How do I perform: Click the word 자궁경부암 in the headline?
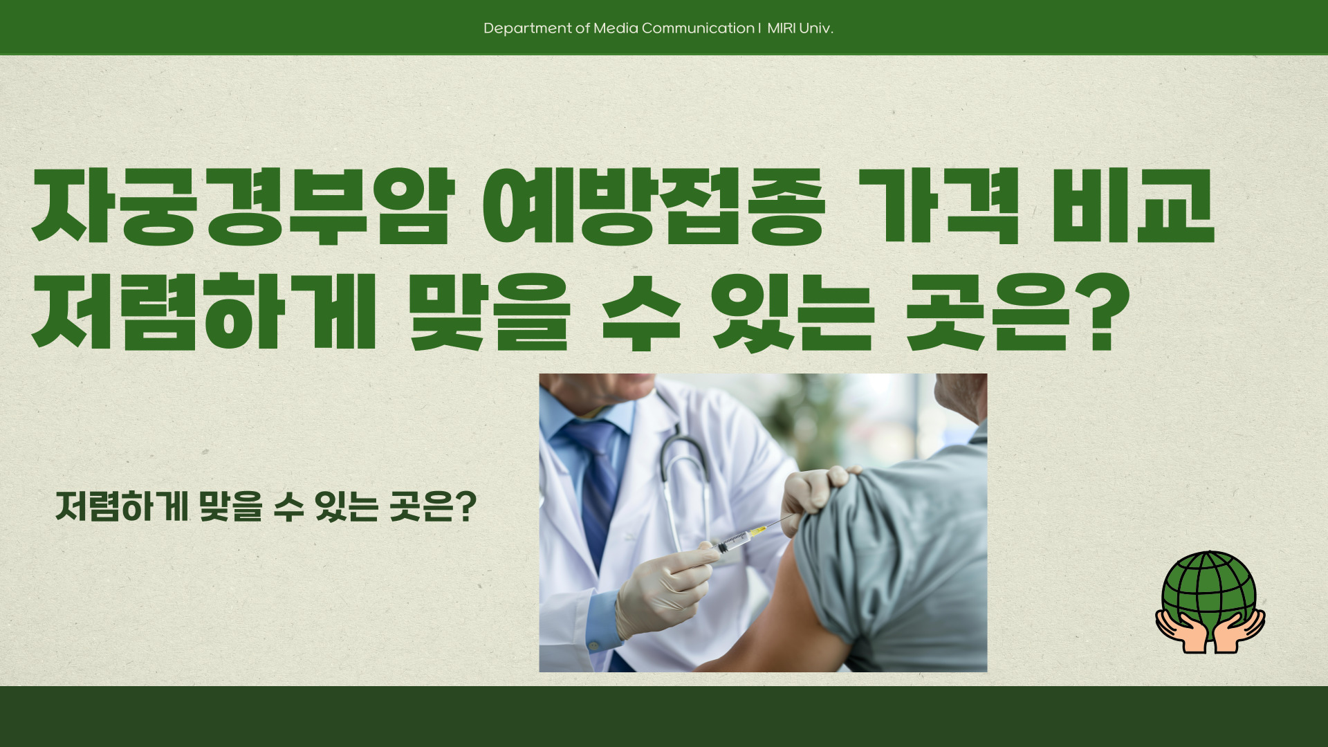(x=242, y=207)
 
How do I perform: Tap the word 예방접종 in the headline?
(x=654, y=207)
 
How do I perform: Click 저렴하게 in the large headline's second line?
(x=204, y=313)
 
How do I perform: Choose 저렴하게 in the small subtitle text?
(x=122, y=508)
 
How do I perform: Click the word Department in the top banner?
(x=528, y=28)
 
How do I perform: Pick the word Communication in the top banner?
(x=698, y=28)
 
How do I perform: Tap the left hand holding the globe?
(x=1179, y=629)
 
